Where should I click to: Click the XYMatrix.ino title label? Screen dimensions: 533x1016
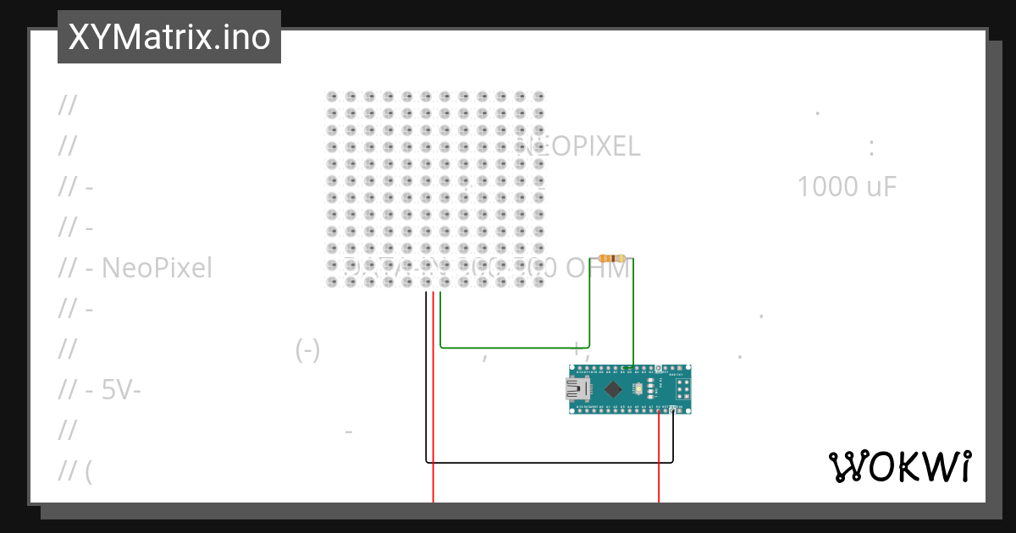[169, 37]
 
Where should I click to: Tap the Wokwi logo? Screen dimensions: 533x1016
[899, 466]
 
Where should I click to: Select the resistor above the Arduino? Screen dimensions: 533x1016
[611, 258]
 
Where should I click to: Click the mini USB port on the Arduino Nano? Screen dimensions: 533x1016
[577, 389]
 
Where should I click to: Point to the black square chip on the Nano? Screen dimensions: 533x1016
[614, 389]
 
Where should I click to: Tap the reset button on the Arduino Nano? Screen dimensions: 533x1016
[638, 389]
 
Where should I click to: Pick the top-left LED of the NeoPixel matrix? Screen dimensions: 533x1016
[332, 96]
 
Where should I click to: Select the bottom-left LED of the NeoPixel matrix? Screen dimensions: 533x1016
[332, 282]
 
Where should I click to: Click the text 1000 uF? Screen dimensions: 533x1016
[846, 187]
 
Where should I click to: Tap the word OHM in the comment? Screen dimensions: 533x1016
[598, 269]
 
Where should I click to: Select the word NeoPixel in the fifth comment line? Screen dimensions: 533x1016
[157, 268]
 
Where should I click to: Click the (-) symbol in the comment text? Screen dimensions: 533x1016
[308, 349]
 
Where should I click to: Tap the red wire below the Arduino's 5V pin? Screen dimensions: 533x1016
[659, 457]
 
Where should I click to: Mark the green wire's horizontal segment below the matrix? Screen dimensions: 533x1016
[515, 347]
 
